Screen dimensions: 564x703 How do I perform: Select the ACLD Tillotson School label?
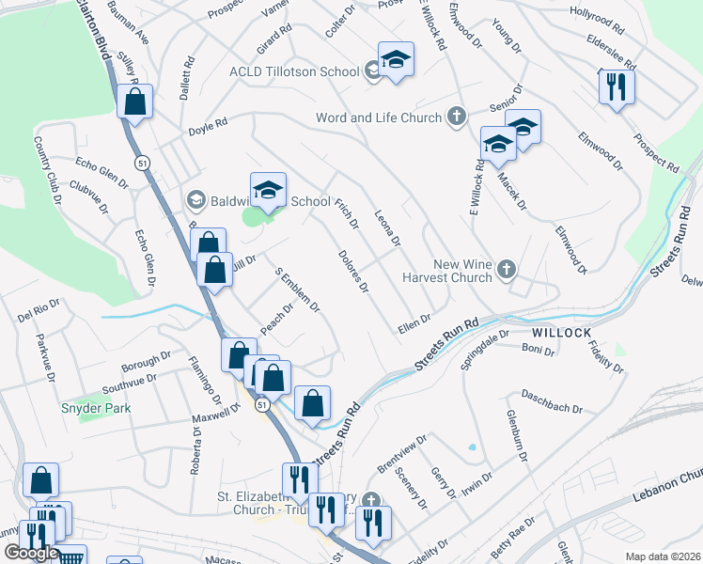tap(294, 71)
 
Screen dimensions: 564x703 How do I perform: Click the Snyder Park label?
tap(96, 408)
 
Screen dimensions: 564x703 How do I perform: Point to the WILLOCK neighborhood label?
tap(561, 334)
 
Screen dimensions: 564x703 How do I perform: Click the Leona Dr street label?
tap(388, 228)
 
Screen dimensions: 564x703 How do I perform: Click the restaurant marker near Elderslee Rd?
tap(617, 87)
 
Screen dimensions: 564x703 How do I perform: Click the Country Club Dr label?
tap(45, 169)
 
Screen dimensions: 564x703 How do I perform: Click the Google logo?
tap(31, 553)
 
